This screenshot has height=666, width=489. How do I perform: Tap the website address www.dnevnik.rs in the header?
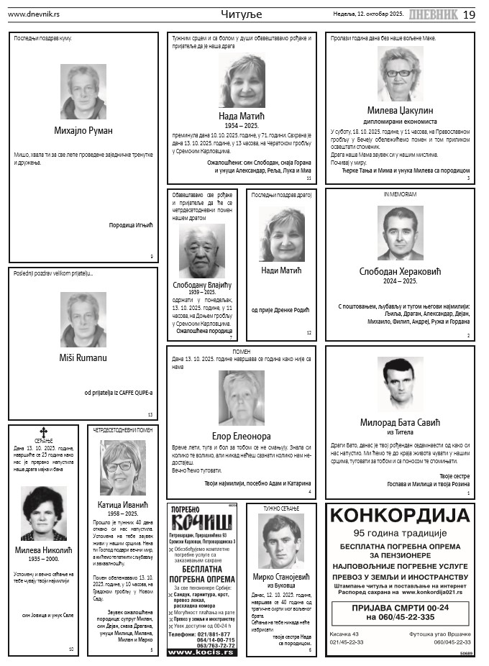tap(33, 14)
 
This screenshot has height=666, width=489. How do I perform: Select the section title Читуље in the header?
tap(242, 14)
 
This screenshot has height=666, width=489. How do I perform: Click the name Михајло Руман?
tap(83, 130)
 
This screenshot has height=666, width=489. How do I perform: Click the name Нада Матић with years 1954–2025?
tap(242, 115)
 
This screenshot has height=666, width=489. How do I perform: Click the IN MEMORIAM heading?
tap(400, 195)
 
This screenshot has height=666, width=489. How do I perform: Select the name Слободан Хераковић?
tap(400, 271)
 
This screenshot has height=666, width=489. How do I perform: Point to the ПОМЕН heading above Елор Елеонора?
tap(242, 352)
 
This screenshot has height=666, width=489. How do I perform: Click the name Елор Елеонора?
tap(242, 436)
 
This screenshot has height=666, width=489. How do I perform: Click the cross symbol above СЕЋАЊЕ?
tap(43, 432)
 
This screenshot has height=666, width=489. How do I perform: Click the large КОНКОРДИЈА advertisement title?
tap(400, 516)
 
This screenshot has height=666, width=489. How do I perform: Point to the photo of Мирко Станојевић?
tap(281, 542)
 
